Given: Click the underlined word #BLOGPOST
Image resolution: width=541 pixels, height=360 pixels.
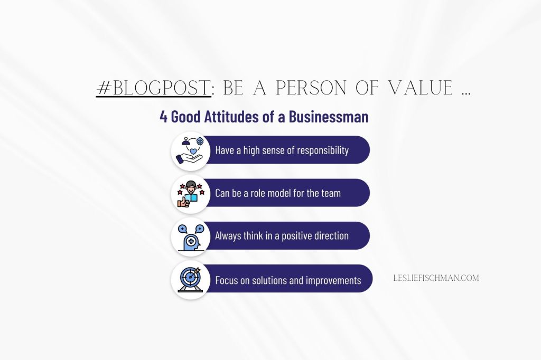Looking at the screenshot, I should point(154,88).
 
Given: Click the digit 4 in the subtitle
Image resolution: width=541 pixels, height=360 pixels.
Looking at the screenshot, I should point(164,117).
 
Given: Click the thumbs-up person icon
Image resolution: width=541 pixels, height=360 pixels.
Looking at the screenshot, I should point(189,193).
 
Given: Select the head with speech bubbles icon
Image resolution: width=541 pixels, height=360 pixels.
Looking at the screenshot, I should point(189,236).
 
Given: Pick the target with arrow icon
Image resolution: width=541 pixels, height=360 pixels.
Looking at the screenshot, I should point(189,279).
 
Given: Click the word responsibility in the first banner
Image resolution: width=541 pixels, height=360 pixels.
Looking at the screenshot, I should point(323,150).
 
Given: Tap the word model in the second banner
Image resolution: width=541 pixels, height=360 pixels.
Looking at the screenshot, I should point(278,193).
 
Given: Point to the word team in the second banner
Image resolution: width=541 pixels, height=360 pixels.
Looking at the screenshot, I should point(330,193).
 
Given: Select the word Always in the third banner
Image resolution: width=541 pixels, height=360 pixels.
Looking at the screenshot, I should point(228,236).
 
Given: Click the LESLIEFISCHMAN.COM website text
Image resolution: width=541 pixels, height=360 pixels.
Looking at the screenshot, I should point(436,278).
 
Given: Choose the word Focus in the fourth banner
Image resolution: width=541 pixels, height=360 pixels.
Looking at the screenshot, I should point(226,280).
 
